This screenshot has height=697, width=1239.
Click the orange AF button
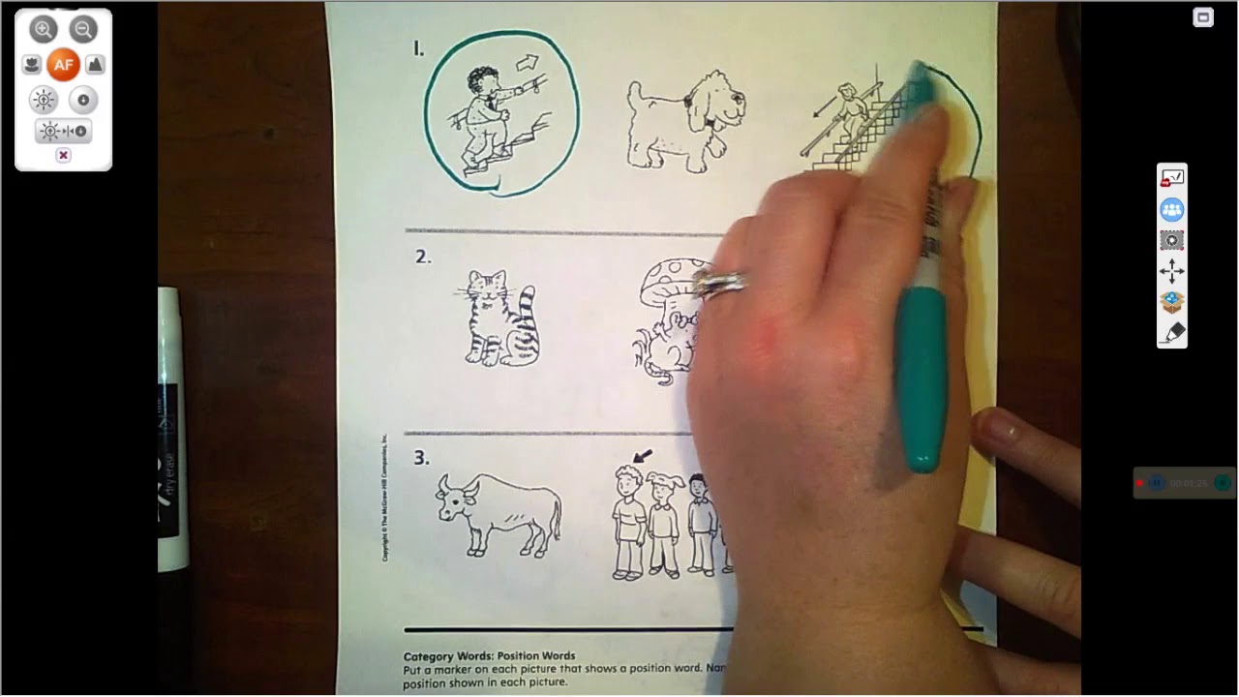click(63, 65)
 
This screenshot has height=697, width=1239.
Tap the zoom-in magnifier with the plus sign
click(44, 29)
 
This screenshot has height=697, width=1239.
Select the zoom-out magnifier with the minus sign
click(83, 29)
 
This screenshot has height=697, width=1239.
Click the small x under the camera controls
click(63, 155)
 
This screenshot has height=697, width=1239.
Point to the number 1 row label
click(418, 48)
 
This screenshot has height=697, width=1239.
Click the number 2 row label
click(422, 257)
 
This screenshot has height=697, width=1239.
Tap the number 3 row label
click(421, 458)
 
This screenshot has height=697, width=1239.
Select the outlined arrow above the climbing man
click(527, 63)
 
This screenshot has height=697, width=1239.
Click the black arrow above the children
click(642, 454)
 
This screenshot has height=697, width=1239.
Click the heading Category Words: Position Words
click(489, 655)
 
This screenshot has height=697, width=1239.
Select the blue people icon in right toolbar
click(1171, 209)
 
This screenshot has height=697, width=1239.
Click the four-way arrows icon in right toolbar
click(1171, 271)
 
